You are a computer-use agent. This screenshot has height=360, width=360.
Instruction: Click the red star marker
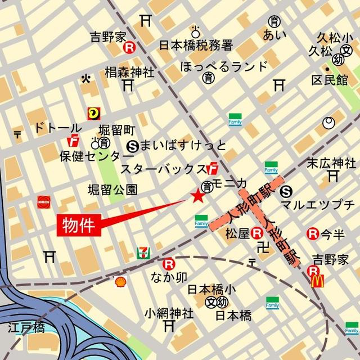point(197,196)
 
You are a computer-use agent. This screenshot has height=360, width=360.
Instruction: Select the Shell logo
point(120,282)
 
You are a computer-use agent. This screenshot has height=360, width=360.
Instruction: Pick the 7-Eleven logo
point(142,254)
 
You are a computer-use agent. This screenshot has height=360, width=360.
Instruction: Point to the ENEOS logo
point(44,201)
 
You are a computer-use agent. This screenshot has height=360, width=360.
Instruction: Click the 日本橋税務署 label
point(195,45)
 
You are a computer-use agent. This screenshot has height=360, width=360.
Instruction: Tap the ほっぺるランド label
point(224,67)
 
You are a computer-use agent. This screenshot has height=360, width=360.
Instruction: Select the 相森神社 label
point(129,73)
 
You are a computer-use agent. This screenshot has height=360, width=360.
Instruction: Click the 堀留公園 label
point(112,189)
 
